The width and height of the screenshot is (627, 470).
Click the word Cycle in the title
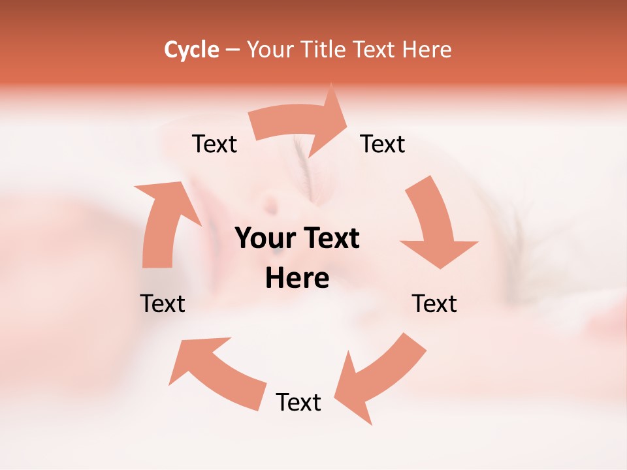tap(191, 50)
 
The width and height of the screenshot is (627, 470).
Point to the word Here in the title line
tap(427, 50)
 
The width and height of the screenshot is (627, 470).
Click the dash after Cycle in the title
tap(233, 50)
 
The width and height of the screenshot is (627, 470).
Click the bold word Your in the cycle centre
tap(263, 238)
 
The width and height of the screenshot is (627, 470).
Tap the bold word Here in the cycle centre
tap(297, 279)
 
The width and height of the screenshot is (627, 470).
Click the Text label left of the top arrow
tap(214, 144)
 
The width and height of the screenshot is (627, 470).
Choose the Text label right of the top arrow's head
tap(383, 144)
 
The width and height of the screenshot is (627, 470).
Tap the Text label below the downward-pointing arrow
tap(434, 304)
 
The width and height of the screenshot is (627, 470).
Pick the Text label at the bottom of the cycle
tap(298, 402)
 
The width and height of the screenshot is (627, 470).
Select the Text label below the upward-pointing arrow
tap(163, 304)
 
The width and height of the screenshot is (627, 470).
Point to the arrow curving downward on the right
tap(435, 222)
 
